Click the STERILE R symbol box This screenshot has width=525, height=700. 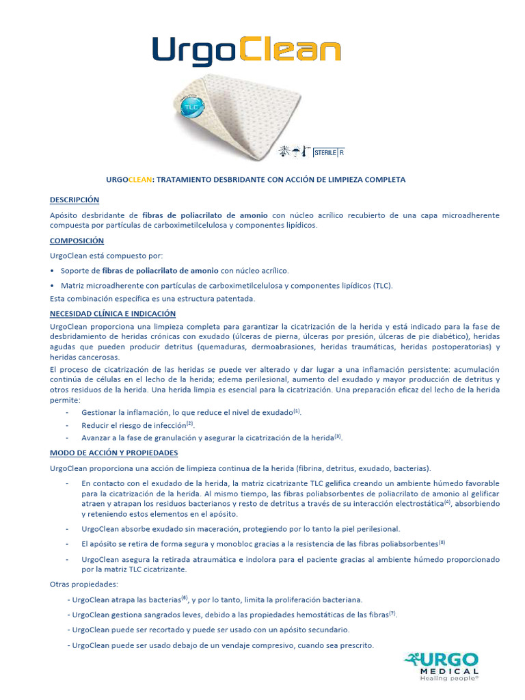(x=329, y=152)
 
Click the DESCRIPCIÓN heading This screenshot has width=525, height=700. (x=75, y=200)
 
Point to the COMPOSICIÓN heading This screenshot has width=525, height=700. (x=77, y=241)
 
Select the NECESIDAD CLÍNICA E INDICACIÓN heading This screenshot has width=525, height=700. (x=113, y=313)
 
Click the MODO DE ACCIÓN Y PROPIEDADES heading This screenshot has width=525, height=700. (x=113, y=453)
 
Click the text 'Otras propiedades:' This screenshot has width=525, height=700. (x=84, y=584)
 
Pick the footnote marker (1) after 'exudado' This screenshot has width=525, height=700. (x=297, y=411)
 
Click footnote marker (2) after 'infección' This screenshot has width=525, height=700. (x=190, y=423)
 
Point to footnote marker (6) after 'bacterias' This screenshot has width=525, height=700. (x=185, y=597)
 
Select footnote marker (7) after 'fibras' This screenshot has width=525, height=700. (x=392, y=612)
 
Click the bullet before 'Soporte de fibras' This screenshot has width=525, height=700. (x=53, y=271)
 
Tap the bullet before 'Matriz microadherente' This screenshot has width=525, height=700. (x=53, y=286)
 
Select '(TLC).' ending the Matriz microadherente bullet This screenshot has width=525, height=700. (x=383, y=286)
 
